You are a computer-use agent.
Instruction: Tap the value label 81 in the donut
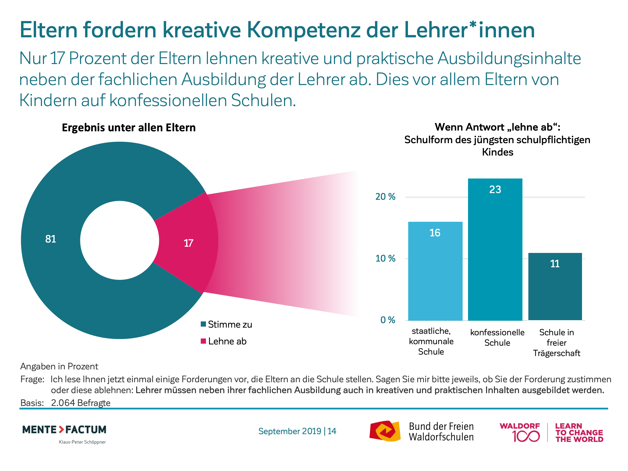[50, 239]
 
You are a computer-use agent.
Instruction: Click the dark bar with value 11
[555, 287]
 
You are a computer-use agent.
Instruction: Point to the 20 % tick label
[385, 197]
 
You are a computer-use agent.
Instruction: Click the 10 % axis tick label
[385, 258]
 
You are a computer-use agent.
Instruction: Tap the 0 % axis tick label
[387, 320]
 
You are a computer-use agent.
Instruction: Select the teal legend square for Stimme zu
[203, 324]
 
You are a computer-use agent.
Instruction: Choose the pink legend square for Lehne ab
[203, 341]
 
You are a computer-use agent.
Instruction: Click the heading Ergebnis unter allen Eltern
[129, 128]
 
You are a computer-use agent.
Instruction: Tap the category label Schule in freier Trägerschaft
[557, 343]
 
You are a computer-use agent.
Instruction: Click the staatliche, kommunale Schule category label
[431, 341]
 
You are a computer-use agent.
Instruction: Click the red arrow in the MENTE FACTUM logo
[61, 429]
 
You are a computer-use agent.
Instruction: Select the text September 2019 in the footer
[290, 431]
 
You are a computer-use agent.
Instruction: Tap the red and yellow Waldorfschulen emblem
[385, 431]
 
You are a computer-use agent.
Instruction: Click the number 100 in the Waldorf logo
[526, 436]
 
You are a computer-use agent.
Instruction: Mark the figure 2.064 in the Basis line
[63, 403]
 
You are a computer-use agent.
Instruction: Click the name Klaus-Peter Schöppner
[82, 442]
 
